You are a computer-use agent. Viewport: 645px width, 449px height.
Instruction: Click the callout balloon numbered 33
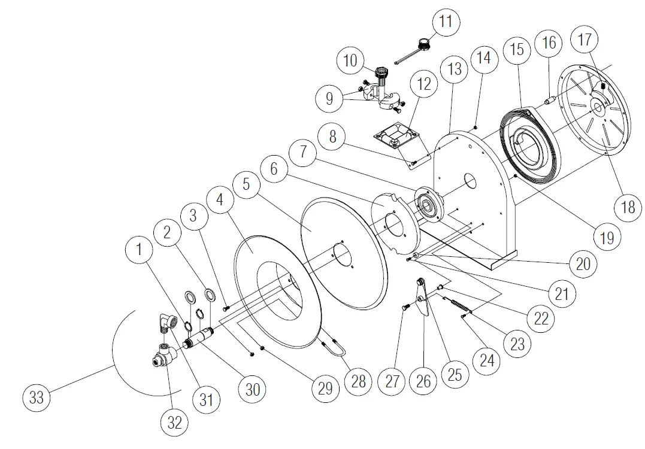(37, 397)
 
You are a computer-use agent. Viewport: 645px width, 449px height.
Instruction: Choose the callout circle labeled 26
(423, 381)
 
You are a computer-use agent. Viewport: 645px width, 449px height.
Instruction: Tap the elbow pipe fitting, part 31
(168, 323)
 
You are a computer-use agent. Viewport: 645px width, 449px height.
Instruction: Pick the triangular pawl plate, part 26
(423, 300)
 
